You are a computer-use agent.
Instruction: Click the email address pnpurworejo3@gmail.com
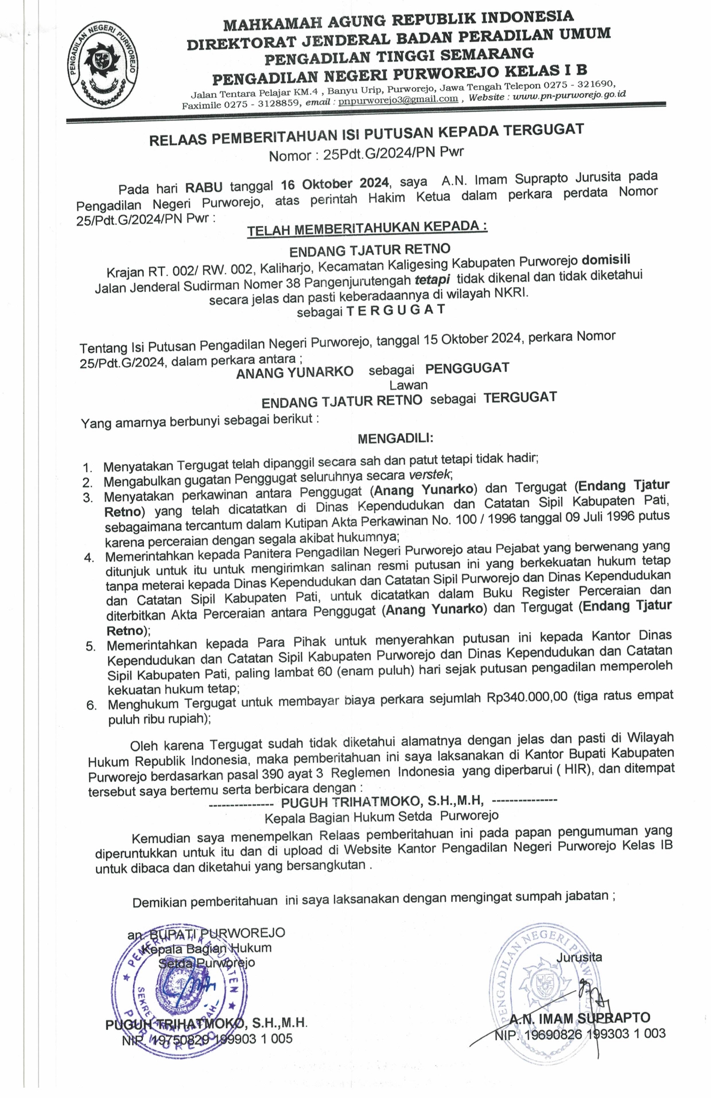point(398,99)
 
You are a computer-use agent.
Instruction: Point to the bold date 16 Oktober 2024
point(335,184)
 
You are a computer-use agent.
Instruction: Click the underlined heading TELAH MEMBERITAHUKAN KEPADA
point(367,228)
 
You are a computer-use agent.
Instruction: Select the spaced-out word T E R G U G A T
point(396,309)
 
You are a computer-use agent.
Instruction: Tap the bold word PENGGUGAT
point(467,368)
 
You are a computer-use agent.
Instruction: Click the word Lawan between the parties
point(408,384)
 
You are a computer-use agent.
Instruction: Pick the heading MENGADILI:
point(395,438)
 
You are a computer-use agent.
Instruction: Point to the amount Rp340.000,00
point(527,696)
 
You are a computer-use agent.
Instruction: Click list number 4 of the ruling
point(88,558)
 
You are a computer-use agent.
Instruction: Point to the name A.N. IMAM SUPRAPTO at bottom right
point(580,1018)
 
